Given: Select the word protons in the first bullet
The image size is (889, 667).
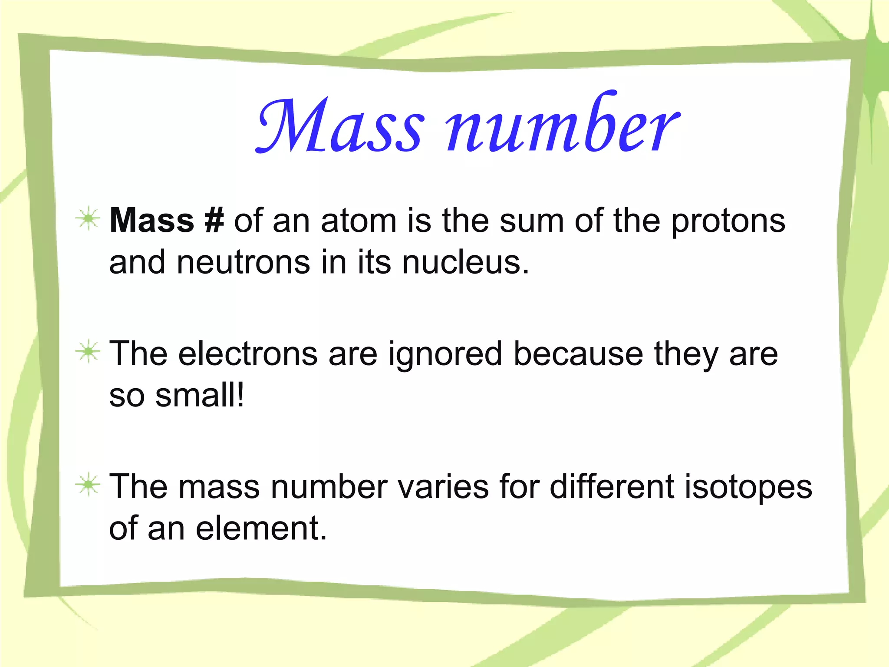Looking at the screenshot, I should click(x=728, y=221).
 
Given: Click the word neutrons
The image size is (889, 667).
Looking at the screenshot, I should click(x=243, y=263).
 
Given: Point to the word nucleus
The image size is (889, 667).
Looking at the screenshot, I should click(x=465, y=263).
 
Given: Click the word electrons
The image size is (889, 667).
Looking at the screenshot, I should click(x=248, y=353).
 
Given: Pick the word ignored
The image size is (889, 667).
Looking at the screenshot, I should click(x=445, y=354).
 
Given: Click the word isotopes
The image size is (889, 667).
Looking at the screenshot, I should click(x=748, y=487).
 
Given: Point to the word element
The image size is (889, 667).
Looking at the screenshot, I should click(x=260, y=528).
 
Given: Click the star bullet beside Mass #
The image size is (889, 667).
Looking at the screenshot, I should click(x=88, y=218).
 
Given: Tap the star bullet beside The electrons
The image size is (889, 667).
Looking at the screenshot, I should click(x=88, y=351).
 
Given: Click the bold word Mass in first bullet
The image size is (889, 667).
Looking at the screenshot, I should click(x=152, y=221).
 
